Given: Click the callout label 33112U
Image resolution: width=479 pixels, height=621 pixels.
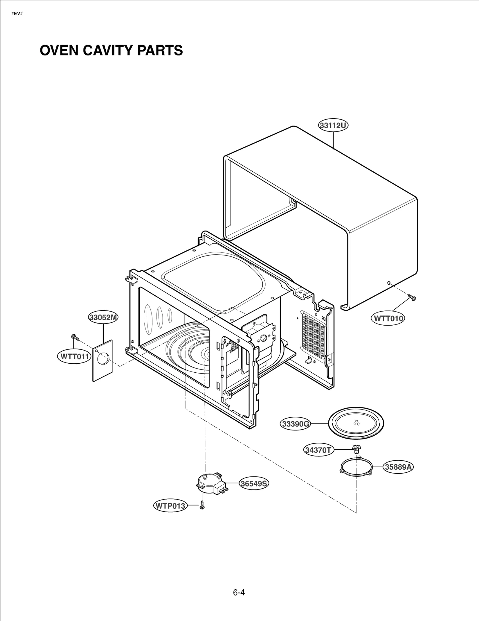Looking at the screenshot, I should (x=333, y=126).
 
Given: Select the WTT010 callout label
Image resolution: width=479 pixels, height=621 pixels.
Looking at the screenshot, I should (x=388, y=318).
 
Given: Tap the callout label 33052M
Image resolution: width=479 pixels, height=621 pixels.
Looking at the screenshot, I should (x=103, y=318).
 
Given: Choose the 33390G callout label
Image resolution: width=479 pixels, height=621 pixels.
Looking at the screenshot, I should (x=295, y=424).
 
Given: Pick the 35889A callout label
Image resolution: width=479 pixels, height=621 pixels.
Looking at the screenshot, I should (x=398, y=467).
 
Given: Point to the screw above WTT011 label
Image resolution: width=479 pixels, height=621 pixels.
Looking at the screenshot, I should (x=75, y=337).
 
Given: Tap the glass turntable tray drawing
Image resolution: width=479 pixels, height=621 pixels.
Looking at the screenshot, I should (x=356, y=423).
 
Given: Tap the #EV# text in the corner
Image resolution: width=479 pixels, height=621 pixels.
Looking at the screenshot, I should (x=17, y=14).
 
